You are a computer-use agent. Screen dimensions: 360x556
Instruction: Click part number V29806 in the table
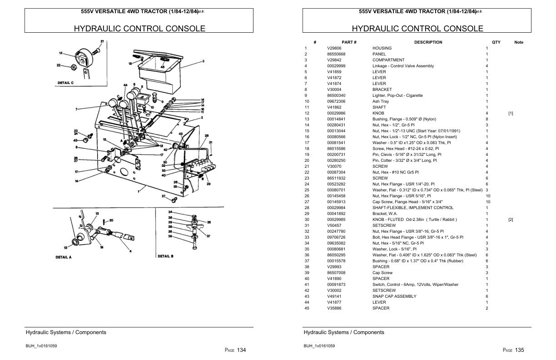pyautogui.click(x=334, y=48)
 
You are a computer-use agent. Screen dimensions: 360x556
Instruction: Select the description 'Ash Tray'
pyautogui.click(x=381, y=101)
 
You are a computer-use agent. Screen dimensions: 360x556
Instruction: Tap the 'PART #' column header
pyautogui.click(x=349, y=42)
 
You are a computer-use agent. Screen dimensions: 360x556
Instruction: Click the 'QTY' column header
pyautogui.click(x=496, y=42)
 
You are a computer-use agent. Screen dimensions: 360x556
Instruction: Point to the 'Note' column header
pyautogui.click(x=518, y=42)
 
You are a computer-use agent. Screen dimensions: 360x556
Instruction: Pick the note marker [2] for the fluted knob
pyautogui.click(x=511, y=220)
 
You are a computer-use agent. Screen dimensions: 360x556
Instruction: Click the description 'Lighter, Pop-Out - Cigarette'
pyautogui.click(x=397, y=95)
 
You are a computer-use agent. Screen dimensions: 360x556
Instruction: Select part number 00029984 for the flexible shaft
pyautogui.click(x=336, y=208)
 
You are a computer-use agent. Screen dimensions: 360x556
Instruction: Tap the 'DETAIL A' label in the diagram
pyautogui.click(x=64, y=257)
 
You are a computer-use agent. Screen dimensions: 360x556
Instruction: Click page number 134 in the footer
pyautogui.click(x=242, y=350)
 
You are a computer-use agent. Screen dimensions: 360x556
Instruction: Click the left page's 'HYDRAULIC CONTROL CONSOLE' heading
pyautogui.click(x=139, y=29)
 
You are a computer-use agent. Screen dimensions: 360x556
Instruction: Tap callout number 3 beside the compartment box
pyautogui.click(x=203, y=61)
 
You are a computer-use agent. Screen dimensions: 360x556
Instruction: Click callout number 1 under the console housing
pyautogui.click(x=139, y=191)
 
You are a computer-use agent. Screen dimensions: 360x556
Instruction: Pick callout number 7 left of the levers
pyautogui.click(x=76, y=109)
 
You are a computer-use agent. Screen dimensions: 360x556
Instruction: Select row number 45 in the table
pyautogui.click(x=307, y=308)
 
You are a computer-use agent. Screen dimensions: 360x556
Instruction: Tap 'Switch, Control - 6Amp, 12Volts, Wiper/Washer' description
pyautogui.click(x=415, y=285)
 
